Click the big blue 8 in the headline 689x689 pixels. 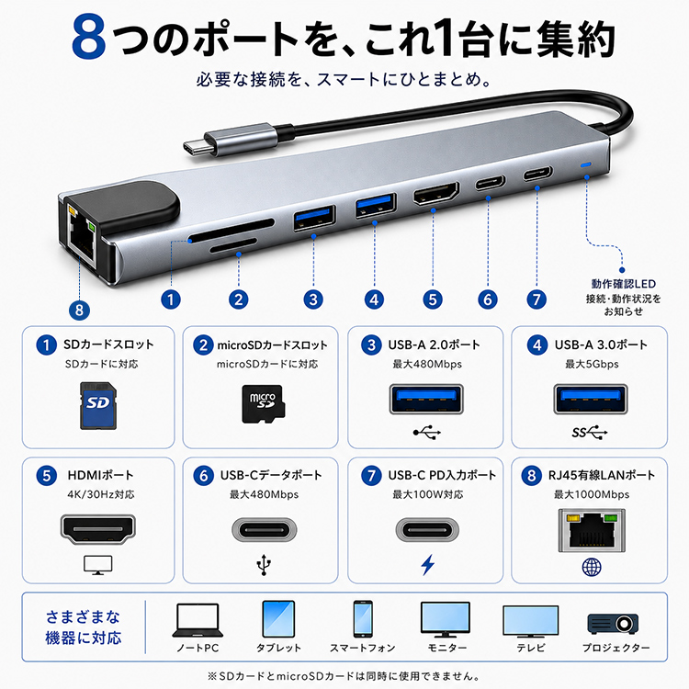[89, 37]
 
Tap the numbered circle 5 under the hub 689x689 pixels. [433, 299]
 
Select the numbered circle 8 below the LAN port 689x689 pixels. [79, 311]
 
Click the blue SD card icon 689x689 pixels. [98, 405]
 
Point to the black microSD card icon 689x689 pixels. [264, 404]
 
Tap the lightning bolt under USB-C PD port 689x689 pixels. [427, 565]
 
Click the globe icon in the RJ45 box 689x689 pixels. [592, 567]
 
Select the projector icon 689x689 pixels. [613, 623]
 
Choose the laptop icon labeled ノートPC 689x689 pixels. [198, 620]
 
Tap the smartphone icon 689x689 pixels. [363, 619]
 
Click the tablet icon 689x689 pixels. [278, 619]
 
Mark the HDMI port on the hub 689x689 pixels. [435, 193]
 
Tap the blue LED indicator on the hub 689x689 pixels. [586, 165]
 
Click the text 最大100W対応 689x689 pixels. [427, 494]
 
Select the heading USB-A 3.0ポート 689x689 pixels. [601, 344]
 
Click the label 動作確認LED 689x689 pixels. [623, 284]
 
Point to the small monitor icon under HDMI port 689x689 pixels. [98, 565]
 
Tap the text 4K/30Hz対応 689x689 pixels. [101, 494]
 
